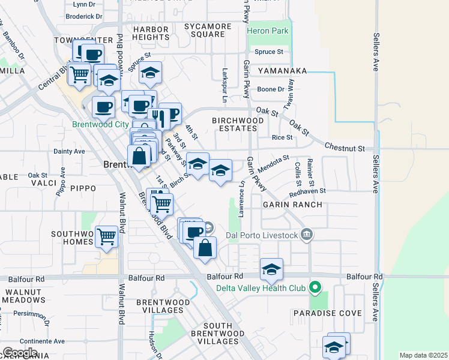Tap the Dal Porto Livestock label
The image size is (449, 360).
[x=261, y=235]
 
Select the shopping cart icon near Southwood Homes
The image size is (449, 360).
[x=106, y=236]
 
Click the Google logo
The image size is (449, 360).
[x=20, y=353]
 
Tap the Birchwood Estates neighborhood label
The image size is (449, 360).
[x=238, y=124]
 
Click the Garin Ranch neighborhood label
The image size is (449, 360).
[x=292, y=205]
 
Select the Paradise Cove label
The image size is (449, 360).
[x=327, y=313]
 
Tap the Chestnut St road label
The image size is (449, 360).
[x=345, y=147]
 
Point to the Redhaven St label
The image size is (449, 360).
[x=307, y=191]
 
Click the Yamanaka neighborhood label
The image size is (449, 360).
[x=282, y=71]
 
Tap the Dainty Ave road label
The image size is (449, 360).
[x=69, y=152]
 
